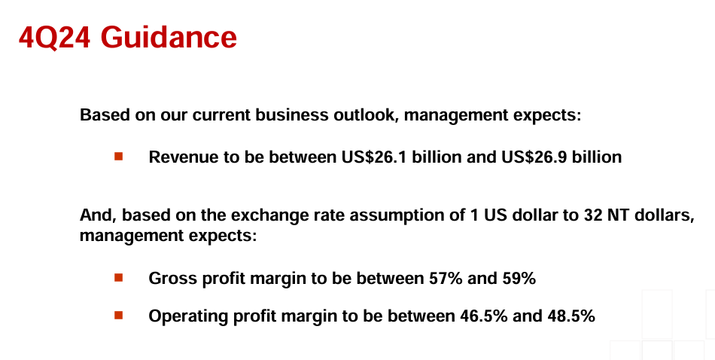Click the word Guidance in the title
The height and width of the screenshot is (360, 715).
(x=169, y=37)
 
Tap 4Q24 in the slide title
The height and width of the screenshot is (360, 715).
(x=54, y=38)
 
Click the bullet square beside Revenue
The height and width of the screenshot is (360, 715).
(x=119, y=157)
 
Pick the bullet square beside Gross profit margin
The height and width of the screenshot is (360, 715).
(x=119, y=277)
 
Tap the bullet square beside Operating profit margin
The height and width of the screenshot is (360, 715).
(x=119, y=315)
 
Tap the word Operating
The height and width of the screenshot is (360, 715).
(x=188, y=316)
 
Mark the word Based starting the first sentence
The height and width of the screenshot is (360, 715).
(x=105, y=114)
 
